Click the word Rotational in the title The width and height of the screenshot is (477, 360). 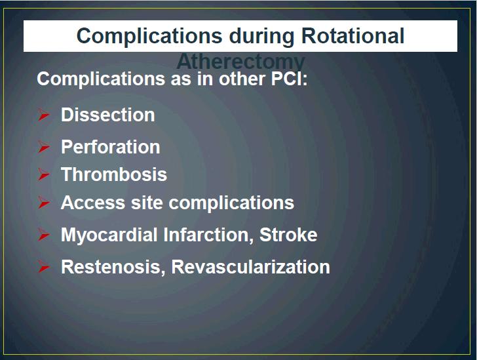tap(353, 35)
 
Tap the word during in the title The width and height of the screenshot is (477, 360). tap(261, 37)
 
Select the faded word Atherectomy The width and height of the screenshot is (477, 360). tap(240, 61)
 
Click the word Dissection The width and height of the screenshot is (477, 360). tap(107, 115)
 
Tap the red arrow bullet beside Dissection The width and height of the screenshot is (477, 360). tap(44, 115)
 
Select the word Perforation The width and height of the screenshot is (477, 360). tap(111, 147)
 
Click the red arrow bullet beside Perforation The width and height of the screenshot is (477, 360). tap(44, 147)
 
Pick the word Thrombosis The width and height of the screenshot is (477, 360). tap(114, 174)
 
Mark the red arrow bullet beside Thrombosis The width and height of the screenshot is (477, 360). tap(44, 174)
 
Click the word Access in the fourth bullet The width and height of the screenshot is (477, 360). tap(93, 203)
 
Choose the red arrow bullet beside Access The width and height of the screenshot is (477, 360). tap(44, 203)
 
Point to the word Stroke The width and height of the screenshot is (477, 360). tap(288, 235)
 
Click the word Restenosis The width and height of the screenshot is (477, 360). tap(113, 267)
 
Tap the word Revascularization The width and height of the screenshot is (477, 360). tap(251, 267)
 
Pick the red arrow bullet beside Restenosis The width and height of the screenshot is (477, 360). tap(44, 267)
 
